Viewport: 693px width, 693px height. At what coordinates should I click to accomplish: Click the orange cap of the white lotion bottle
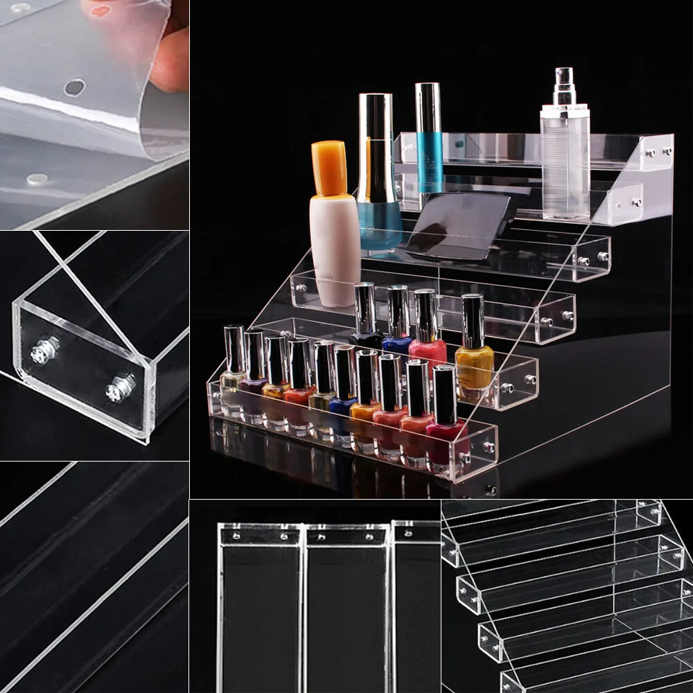pos(328,168)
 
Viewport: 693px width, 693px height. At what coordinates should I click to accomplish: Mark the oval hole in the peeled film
pos(74,87)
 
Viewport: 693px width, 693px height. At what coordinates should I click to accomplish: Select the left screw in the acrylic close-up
pos(44,350)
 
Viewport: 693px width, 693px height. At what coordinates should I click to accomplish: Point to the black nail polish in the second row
pos(366,337)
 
